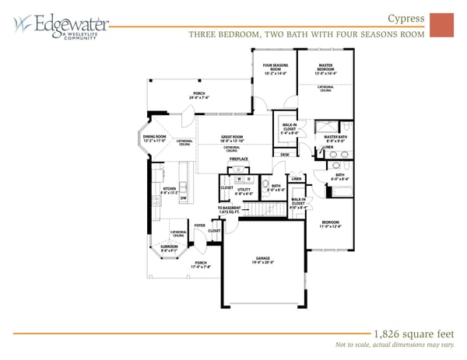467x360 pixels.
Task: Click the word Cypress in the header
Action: click(406, 19)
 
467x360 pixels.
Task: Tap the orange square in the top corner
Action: click(441, 25)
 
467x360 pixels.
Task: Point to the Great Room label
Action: click(231, 138)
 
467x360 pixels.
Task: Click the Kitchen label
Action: click(169, 189)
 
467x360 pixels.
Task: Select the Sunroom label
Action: click(169, 249)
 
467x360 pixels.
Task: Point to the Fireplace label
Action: click(238, 159)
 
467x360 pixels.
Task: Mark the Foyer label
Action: click(199, 225)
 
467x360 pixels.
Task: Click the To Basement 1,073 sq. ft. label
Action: click(230, 210)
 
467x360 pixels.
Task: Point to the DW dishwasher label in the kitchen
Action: click(182, 198)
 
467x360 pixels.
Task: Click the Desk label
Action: click(285, 155)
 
